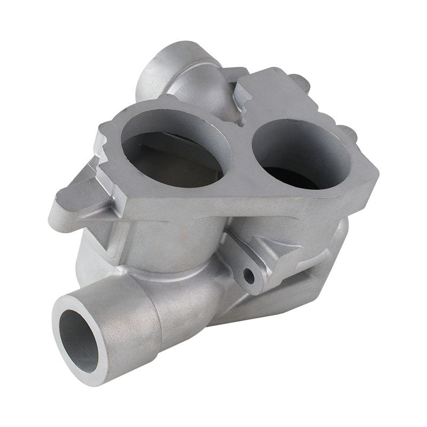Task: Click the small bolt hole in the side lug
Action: (x=249, y=276)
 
